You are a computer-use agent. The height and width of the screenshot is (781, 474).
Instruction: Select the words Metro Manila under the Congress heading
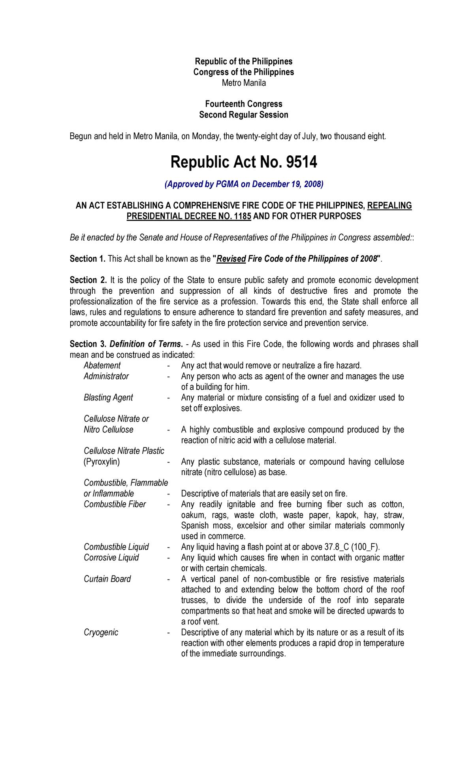click(x=244, y=83)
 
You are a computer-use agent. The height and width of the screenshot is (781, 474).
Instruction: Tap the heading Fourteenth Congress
click(x=244, y=104)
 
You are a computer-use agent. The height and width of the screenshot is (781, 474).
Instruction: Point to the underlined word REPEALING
click(x=389, y=206)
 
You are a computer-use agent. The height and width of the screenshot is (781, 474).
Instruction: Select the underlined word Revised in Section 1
click(x=231, y=259)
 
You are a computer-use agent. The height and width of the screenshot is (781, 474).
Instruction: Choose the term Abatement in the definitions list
click(x=102, y=366)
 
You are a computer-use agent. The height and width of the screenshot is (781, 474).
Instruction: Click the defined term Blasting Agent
click(x=108, y=398)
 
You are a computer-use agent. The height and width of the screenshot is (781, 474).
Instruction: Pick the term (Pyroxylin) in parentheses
click(x=102, y=462)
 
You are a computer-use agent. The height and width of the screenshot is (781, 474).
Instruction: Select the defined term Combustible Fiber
click(x=115, y=504)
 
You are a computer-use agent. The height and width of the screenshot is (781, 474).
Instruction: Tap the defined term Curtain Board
click(x=107, y=579)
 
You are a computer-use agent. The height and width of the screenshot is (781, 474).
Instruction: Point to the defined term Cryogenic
click(x=101, y=632)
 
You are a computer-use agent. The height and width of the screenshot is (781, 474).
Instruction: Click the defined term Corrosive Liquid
click(x=111, y=558)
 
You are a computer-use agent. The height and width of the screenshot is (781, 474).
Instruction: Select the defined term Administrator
click(x=106, y=376)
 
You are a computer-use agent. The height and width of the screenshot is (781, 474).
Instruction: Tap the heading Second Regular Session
click(x=244, y=115)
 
